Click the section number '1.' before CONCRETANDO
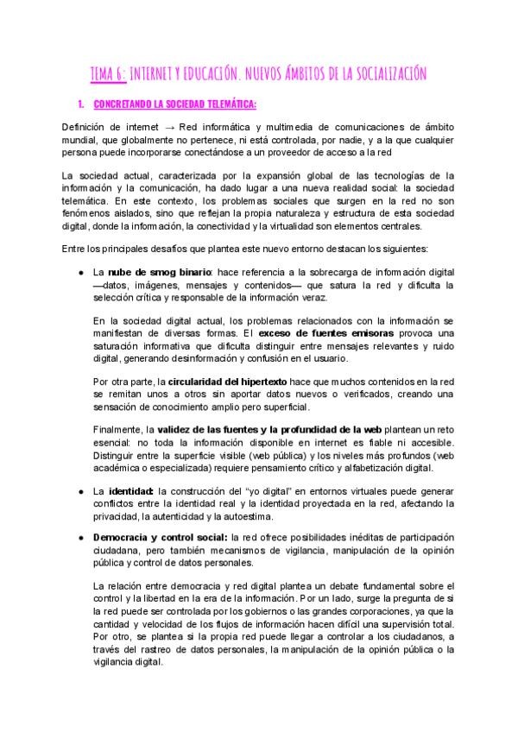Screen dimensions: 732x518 click(81, 105)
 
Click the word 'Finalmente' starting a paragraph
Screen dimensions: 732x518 click(118, 430)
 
